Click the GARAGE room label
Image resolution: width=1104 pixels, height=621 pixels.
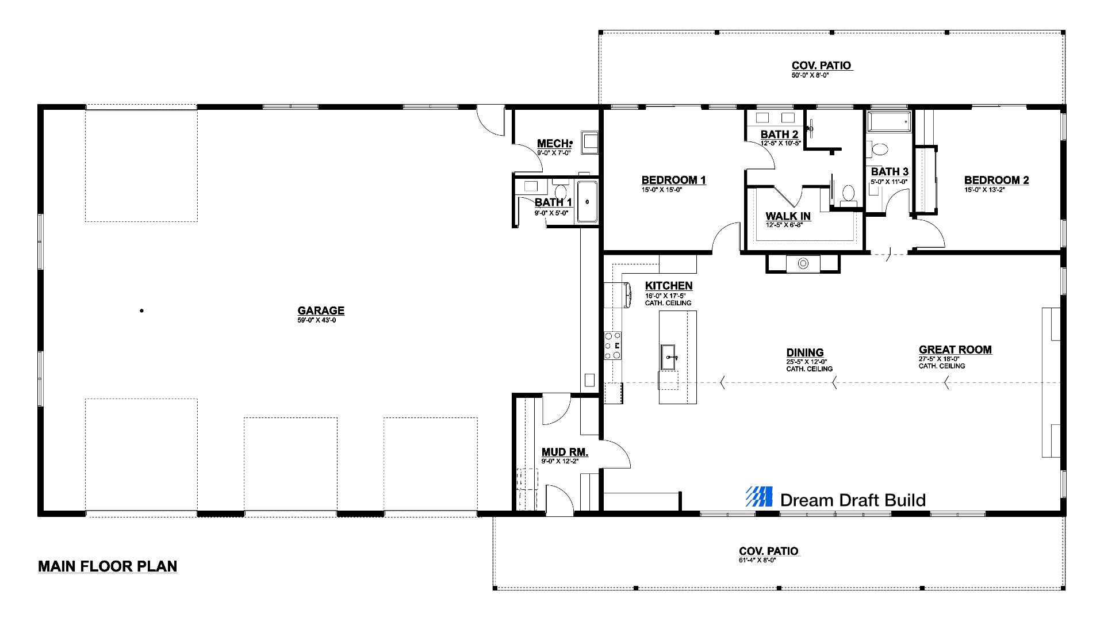(x=321, y=310)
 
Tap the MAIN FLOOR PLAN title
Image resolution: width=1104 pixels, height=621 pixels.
(x=108, y=566)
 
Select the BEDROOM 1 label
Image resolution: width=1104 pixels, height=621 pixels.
(x=673, y=180)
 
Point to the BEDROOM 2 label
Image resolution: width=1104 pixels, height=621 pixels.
(x=996, y=180)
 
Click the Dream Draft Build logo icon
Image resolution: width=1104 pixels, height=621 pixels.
(x=759, y=496)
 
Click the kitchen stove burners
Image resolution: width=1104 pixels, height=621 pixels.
(x=613, y=346)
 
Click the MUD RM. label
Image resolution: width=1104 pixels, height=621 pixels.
(x=565, y=453)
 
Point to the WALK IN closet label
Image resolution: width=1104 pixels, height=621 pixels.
(x=788, y=216)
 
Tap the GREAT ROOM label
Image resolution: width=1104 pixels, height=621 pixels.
(x=955, y=350)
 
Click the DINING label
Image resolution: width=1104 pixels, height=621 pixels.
(x=805, y=352)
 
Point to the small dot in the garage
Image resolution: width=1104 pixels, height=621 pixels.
(x=141, y=311)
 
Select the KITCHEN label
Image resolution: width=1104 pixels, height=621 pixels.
(x=669, y=286)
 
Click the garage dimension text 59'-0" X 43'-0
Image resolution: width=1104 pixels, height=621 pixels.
(x=317, y=320)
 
